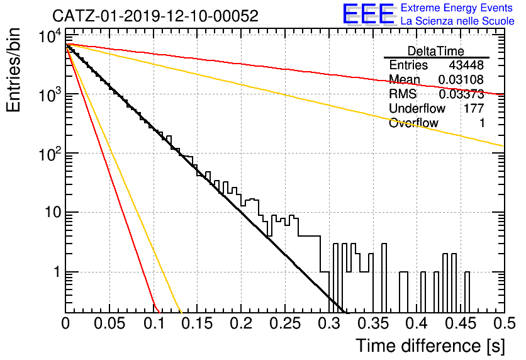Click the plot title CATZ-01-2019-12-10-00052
(155, 16)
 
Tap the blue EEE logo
(368, 14)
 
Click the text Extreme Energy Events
(457, 8)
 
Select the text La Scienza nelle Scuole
(457, 21)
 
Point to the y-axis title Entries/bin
(13, 70)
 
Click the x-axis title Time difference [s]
(430, 346)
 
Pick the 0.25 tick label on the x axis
(286, 323)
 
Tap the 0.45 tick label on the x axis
(461, 323)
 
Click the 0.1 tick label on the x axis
(154, 323)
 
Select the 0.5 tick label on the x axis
(505, 323)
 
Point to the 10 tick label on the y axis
(53, 213)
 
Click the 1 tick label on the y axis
(57, 272)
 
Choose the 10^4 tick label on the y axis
(50, 36)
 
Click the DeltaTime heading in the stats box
(436, 51)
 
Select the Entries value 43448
(466, 65)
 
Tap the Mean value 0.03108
(461, 79)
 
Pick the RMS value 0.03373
(461, 94)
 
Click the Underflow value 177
(474, 108)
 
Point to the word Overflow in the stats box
(413, 123)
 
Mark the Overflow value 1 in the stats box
(482, 123)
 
